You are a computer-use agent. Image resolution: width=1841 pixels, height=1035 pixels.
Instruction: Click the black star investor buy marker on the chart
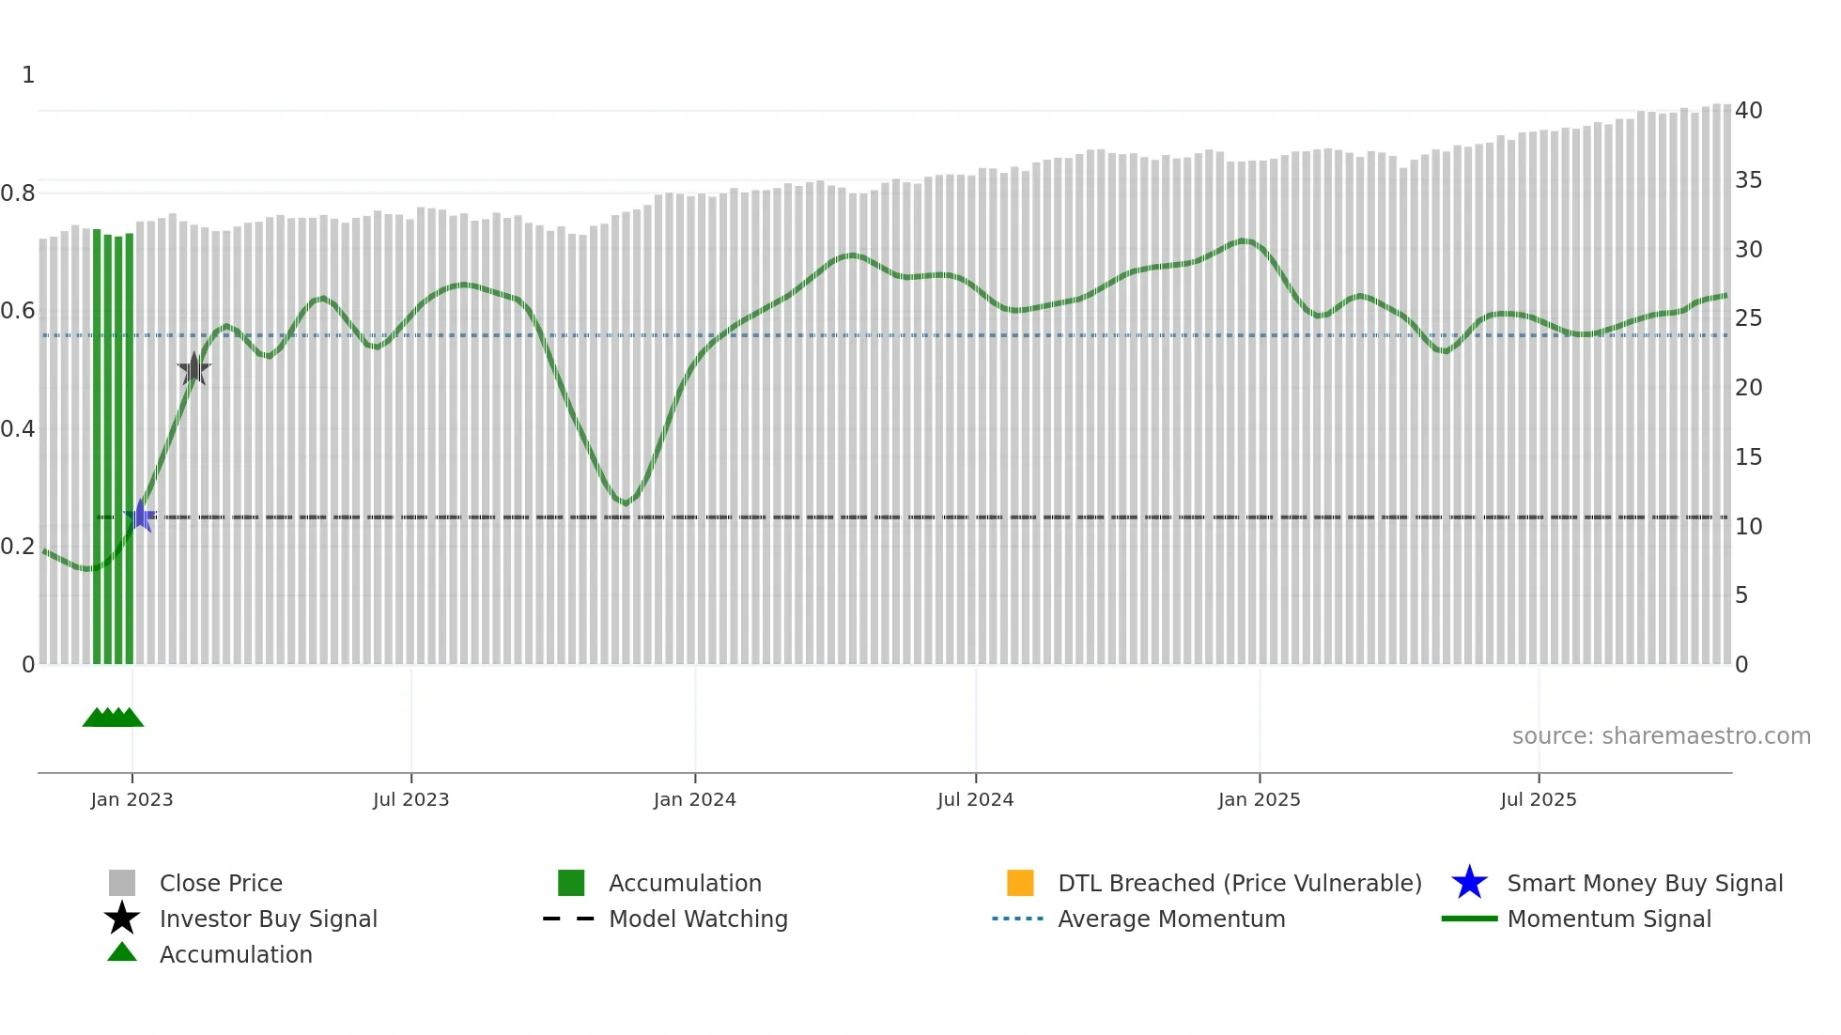coord(194,369)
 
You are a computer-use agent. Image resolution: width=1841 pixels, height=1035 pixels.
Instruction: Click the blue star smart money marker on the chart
coord(141,516)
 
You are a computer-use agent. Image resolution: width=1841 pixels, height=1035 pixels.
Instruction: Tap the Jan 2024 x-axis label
coord(694,799)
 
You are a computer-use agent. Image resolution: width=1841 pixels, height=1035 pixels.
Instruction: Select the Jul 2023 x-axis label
coord(410,799)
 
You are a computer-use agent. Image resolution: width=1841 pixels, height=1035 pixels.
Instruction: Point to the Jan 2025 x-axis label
coord(1259,799)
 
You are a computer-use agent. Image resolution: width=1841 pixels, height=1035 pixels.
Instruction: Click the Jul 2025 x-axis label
coord(1538,799)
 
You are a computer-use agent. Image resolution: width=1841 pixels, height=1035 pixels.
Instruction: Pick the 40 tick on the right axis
coord(1748,111)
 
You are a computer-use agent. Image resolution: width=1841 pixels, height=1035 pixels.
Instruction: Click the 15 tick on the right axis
coord(1748,457)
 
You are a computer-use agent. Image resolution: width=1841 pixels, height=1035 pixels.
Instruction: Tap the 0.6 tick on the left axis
coord(18,311)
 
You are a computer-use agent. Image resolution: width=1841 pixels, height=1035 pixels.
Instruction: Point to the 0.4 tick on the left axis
coord(18,429)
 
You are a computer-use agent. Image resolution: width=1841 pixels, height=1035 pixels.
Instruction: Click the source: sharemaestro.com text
coord(1661,736)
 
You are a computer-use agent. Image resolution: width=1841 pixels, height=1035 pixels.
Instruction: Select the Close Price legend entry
coord(221,883)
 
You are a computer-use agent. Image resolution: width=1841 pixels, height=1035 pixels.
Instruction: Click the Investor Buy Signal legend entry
coord(268,919)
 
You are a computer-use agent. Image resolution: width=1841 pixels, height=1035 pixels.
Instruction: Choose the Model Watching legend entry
coord(698,919)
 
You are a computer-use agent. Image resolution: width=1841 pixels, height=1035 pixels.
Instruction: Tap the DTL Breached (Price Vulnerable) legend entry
coord(1239,883)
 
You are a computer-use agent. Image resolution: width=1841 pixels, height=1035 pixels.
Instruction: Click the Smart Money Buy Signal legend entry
coord(1645,883)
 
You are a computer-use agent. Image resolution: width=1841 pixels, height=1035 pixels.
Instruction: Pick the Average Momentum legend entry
coord(1171,919)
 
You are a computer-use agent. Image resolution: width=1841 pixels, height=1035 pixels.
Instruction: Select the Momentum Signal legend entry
coord(1609,919)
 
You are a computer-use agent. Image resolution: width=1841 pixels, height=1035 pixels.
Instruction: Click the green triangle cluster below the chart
coord(113,718)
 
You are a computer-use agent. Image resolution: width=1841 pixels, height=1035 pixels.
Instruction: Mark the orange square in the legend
coord(1020,883)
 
